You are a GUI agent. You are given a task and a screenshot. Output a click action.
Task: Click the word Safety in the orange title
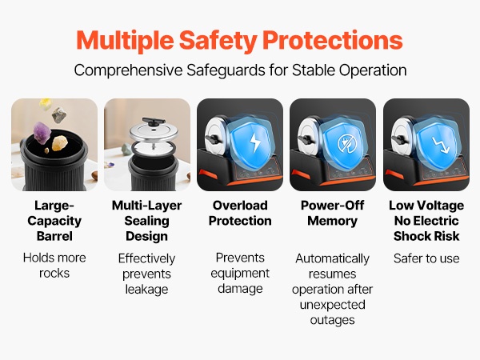click(218, 41)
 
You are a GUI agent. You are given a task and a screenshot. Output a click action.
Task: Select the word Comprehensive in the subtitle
click(128, 70)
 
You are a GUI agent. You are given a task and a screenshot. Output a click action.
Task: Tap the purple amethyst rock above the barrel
click(42, 132)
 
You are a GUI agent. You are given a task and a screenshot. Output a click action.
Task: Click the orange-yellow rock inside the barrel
click(60, 143)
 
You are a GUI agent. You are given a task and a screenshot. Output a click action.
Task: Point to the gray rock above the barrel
click(58, 114)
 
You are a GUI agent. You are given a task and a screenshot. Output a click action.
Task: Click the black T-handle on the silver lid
click(154, 122)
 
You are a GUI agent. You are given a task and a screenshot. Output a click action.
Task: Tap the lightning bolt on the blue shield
click(254, 142)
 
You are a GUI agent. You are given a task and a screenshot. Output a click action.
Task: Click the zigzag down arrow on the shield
click(441, 145)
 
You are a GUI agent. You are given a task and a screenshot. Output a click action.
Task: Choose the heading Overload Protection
click(240, 213)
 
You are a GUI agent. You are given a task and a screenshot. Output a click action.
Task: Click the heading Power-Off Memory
click(333, 213)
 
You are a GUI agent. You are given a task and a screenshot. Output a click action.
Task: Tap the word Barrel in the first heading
click(54, 236)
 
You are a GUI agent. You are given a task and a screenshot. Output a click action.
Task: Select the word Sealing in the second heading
click(146, 221)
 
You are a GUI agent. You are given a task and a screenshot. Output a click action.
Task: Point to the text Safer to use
click(426, 258)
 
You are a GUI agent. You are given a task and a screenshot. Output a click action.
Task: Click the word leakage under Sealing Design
click(146, 290)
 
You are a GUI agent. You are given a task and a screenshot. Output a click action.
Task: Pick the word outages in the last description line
click(333, 320)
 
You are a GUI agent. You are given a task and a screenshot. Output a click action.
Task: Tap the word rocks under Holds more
click(54, 273)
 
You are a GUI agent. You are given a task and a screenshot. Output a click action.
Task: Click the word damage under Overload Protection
click(240, 289)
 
